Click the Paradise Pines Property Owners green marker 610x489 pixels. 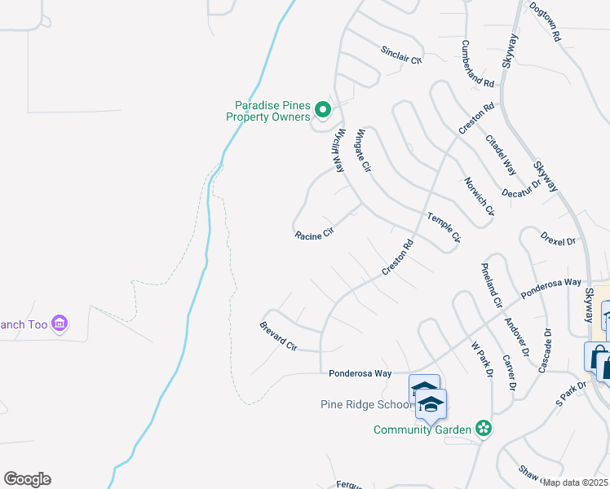[323, 109]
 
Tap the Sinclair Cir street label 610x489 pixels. [401, 55]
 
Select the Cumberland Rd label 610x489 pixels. [478, 64]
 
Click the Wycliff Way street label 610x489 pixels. [339, 150]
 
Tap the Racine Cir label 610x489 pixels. [315, 235]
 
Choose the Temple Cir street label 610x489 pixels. [444, 227]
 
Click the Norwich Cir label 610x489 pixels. [480, 196]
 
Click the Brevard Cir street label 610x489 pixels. [278, 336]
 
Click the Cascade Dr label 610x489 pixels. [546, 350]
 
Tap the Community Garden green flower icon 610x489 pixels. [484, 427]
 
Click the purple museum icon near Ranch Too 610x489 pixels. [59, 324]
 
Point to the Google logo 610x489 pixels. [27, 479]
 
